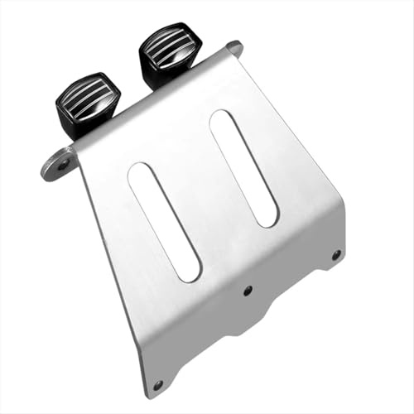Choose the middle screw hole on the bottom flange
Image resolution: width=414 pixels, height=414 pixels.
(247, 290)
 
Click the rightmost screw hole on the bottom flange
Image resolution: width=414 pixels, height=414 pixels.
(335, 255)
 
